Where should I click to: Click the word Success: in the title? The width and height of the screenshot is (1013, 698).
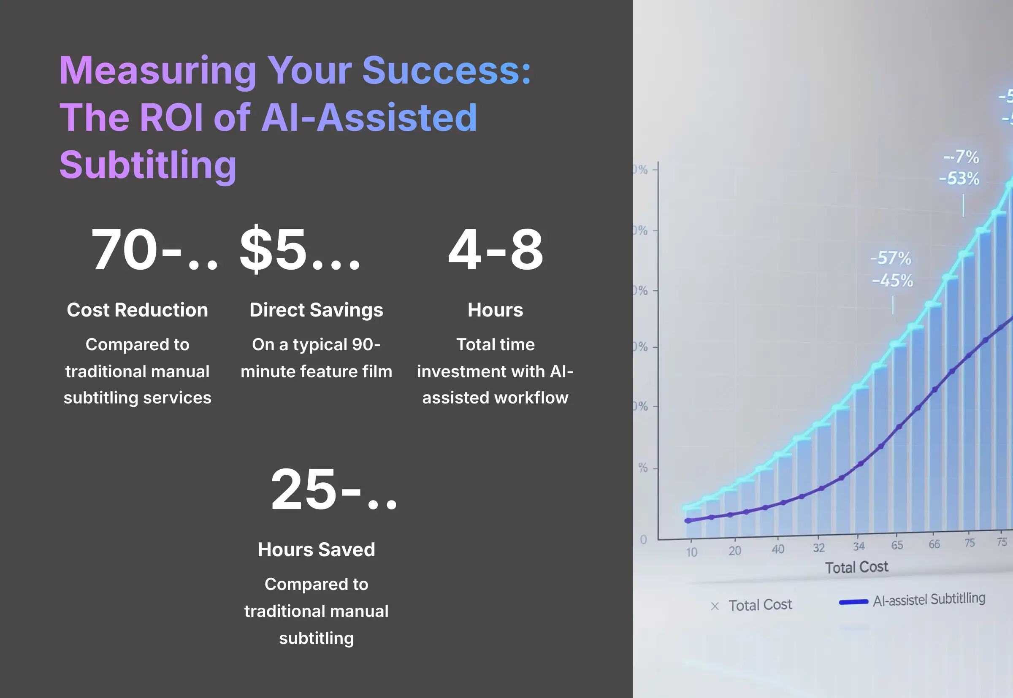click(446, 71)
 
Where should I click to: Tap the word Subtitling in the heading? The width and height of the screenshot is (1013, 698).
click(148, 165)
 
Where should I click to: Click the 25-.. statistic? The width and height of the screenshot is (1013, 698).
click(333, 490)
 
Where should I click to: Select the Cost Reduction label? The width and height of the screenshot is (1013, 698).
click(137, 310)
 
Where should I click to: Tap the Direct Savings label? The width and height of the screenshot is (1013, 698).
click(316, 310)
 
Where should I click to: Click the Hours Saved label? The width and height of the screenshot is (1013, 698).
click(316, 550)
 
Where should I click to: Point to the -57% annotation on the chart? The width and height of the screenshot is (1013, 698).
click(891, 258)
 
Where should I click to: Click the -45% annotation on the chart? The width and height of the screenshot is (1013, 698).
click(892, 280)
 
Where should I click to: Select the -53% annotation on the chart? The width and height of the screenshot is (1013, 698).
click(959, 179)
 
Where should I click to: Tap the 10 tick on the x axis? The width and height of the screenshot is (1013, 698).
click(691, 552)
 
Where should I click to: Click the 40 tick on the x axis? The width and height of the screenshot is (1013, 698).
click(777, 549)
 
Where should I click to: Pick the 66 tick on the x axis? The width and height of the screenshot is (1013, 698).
click(934, 544)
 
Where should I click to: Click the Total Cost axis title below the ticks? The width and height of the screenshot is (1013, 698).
click(856, 567)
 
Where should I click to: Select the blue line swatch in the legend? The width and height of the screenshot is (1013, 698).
click(853, 602)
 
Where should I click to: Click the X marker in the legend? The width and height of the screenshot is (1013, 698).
click(715, 606)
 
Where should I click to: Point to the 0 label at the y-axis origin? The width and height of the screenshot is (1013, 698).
click(643, 540)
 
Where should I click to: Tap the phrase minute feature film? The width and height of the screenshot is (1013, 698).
click(316, 372)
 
